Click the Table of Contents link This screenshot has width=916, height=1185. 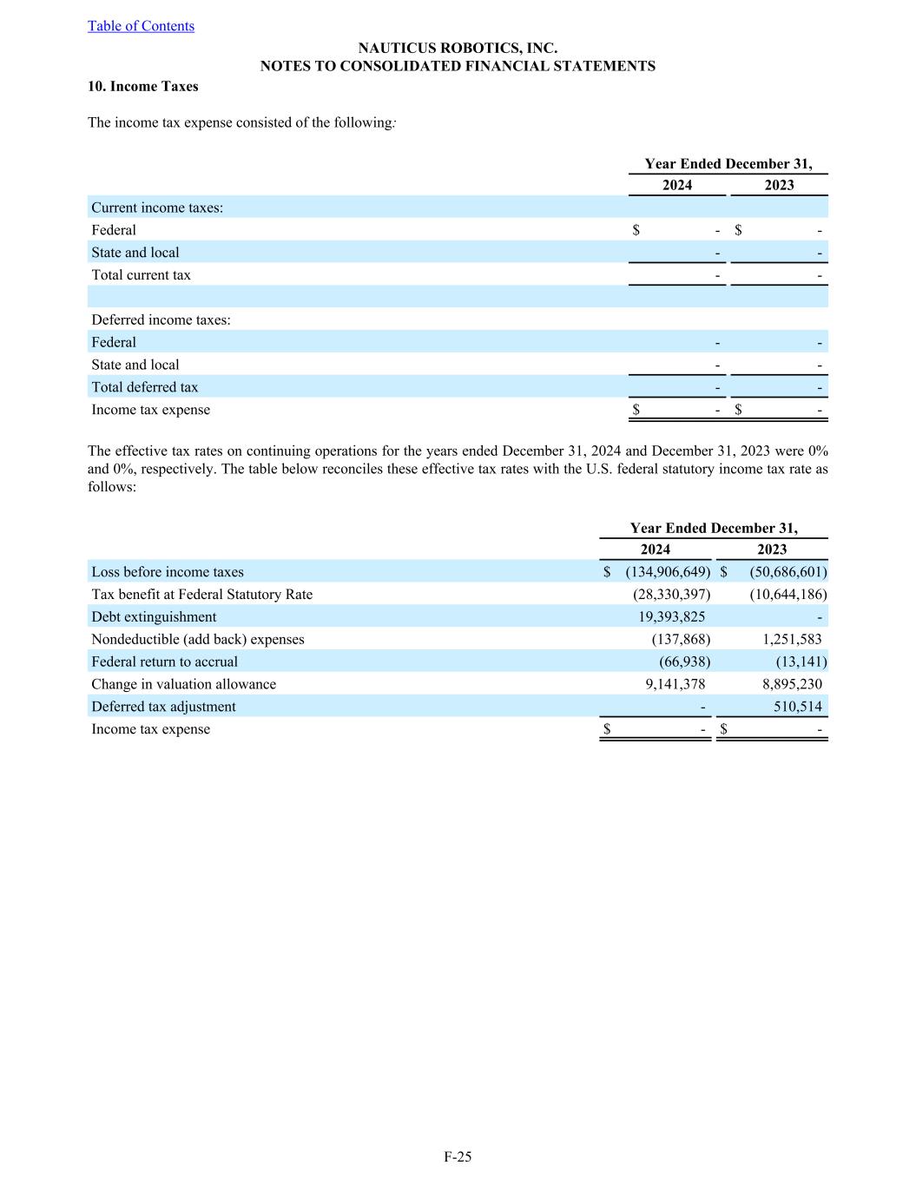[141, 26]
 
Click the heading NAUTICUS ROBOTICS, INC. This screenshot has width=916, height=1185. [458, 49]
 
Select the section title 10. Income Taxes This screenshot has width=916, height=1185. [143, 87]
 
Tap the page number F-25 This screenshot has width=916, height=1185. [458, 1156]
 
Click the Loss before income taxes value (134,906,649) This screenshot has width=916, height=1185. [668, 572]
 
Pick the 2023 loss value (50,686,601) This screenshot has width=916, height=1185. [787, 572]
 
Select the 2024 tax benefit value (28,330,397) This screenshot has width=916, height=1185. [671, 595]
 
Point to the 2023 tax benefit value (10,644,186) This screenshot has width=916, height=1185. [787, 595]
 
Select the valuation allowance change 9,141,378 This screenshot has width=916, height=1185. [675, 685]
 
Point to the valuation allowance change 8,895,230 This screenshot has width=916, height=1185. [792, 685]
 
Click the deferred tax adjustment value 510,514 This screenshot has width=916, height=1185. [797, 708]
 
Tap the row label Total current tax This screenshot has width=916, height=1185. [141, 275]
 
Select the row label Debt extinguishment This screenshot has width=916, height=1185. [154, 617]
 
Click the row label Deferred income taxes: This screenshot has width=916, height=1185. [161, 320]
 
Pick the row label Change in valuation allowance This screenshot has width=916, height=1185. [183, 685]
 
